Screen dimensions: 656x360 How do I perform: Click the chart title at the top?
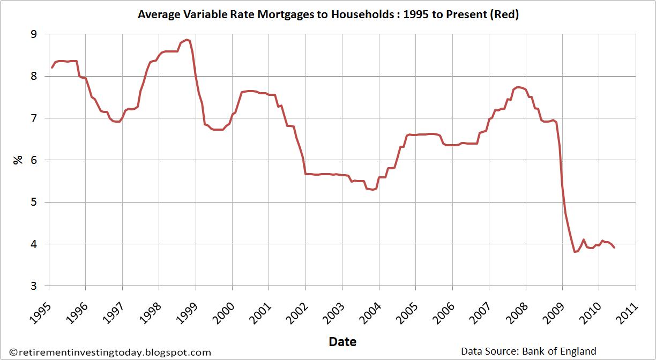pyautogui.click(x=328, y=14)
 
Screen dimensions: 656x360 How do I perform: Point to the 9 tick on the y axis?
pyautogui.click(x=34, y=34)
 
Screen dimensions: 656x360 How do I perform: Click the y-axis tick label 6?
pyautogui.click(x=34, y=160)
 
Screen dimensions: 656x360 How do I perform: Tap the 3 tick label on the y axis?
pyautogui.click(x=34, y=286)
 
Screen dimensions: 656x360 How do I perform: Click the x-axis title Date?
pyautogui.click(x=342, y=342)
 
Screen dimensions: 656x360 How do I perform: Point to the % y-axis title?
pyautogui.click(x=18, y=160)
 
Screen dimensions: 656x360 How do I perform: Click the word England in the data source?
pyautogui.click(x=578, y=351)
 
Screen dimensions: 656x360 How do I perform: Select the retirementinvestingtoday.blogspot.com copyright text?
pyautogui.click(x=110, y=352)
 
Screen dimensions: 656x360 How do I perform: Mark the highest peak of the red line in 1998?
pyautogui.click(x=187, y=40)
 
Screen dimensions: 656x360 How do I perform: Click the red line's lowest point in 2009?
pyautogui.click(x=575, y=252)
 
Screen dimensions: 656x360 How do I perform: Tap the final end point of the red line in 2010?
pyautogui.click(x=614, y=247)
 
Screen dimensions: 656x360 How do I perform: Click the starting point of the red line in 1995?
pyautogui.click(x=52, y=67)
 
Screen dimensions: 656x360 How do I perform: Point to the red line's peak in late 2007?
pyautogui.click(x=518, y=87)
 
